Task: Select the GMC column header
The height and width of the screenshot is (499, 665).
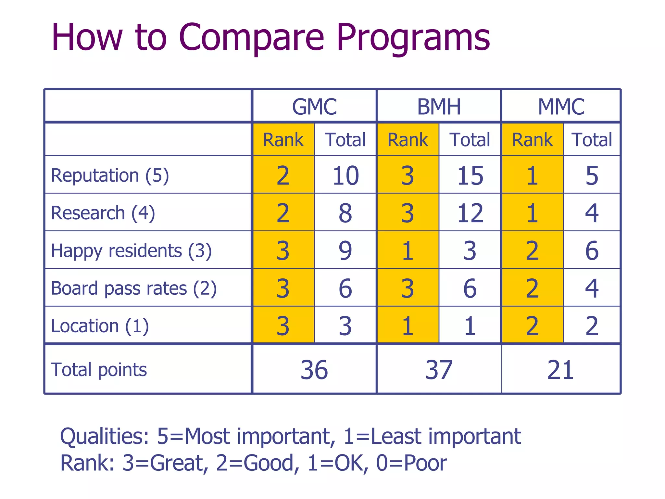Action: [x=314, y=107]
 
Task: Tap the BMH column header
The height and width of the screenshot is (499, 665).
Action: [x=439, y=107]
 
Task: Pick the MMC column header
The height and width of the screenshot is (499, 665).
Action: [x=561, y=107]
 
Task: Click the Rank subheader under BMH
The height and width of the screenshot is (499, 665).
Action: [x=408, y=140]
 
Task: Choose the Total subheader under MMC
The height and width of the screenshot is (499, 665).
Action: [x=592, y=140]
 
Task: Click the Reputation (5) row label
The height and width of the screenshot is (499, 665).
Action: [x=110, y=175]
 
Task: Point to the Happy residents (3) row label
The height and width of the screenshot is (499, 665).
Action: [x=131, y=251]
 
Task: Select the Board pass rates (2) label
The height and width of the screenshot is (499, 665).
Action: [x=133, y=288]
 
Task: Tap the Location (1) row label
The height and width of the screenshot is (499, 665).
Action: [x=100, y=326]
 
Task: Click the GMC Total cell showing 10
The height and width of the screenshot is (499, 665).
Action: [x=345, y=175]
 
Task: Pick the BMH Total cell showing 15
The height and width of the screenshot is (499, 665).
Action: [x=470, y=175]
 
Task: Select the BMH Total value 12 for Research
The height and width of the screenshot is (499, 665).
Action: [x=470, y=213]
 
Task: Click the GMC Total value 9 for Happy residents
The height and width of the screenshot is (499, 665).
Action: [x=345, y=251]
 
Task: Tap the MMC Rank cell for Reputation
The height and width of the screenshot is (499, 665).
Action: [x=532, y=175]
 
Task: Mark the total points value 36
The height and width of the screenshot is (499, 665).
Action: [x=314, y=370]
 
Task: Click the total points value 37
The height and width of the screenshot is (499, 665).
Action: [x=439, y=370]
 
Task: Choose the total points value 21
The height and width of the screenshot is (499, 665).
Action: [x=560, y=370]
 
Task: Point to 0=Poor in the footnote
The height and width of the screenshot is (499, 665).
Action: [x=411, y=463]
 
